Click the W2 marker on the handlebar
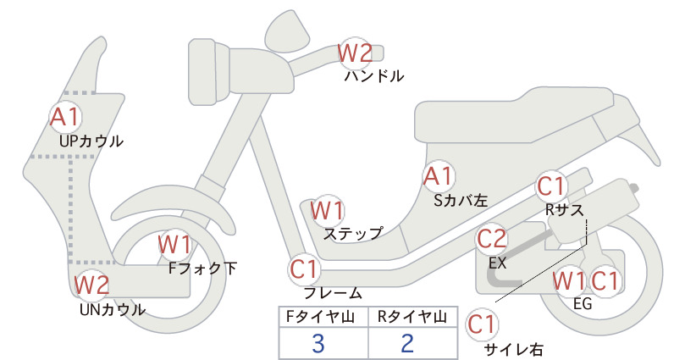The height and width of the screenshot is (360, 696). [x=355, y=53]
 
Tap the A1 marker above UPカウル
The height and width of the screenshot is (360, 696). [x=65, y=116]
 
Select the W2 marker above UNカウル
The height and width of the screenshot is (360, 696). [x=91, y=285]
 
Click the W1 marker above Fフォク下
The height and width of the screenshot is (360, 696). [x=174, y=245]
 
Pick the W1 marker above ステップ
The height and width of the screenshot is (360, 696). [x=327, y=210]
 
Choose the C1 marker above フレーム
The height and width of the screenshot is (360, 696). [x=305, y=269]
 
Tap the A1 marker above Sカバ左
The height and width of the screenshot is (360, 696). [x=438, y=176]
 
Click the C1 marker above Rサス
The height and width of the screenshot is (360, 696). [x=550, y=186]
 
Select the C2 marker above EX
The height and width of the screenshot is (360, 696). [x=491, y=239]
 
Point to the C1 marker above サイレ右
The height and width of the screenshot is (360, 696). [x=482, y=324]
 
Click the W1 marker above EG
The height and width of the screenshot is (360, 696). [x=569, y=281]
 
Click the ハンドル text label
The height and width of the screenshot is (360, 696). [x=374, y=76]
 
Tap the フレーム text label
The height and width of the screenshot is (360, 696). [x=333, y=293]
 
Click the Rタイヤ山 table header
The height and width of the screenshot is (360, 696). [x=412, y=317]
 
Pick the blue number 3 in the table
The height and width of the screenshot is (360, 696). [x=318, y=343]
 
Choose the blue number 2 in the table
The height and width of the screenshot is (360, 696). [x=407, y=343]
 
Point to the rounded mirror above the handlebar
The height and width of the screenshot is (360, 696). [x=287, y=28]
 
